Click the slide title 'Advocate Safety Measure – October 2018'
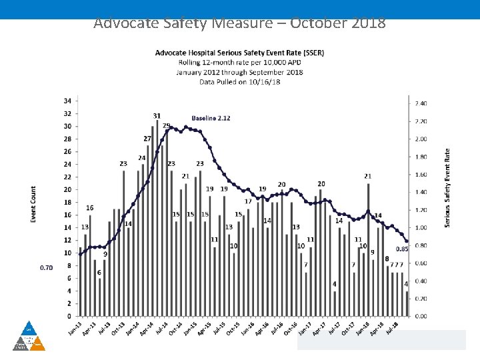coord(239,23)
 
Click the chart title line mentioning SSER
coord(239,53)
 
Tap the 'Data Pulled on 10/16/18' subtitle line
coord(239,82)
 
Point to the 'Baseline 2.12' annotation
coord(211,118)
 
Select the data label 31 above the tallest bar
coord(157,116)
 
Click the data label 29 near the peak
coord(166,125)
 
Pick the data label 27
coord(147,139)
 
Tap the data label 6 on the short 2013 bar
coord(99,273)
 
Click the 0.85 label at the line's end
coord(401,249)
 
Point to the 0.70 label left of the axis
coord(47,267)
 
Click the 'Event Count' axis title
coord(33,204)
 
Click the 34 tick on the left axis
coord(67,101)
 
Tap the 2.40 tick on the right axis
coord(421,103)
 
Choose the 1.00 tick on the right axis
coord(421,227)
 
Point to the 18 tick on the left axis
coord(67,202)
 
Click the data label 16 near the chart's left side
coord(89,208)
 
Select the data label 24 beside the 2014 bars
coord(142,158)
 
